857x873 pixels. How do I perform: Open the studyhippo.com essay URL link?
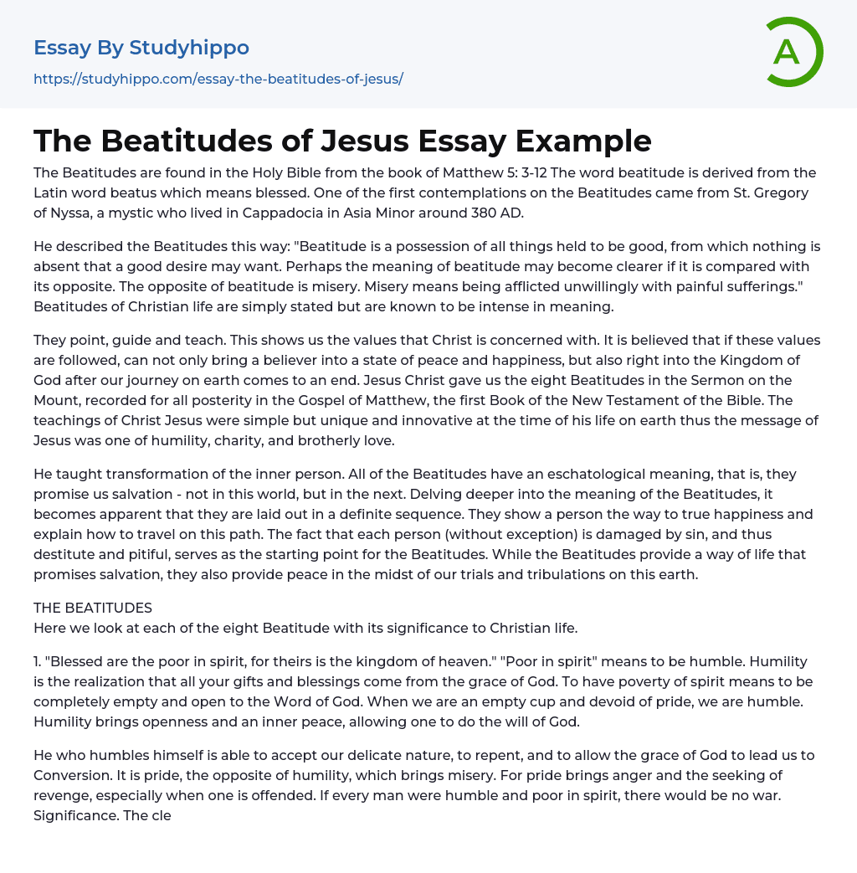tap(218, 79)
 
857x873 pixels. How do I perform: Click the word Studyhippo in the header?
tap(189, 48)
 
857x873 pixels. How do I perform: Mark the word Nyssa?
tap(79, 213)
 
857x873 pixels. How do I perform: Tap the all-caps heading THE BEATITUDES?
tap(93, 608)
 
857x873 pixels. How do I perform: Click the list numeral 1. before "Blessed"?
tap(38, 661)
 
